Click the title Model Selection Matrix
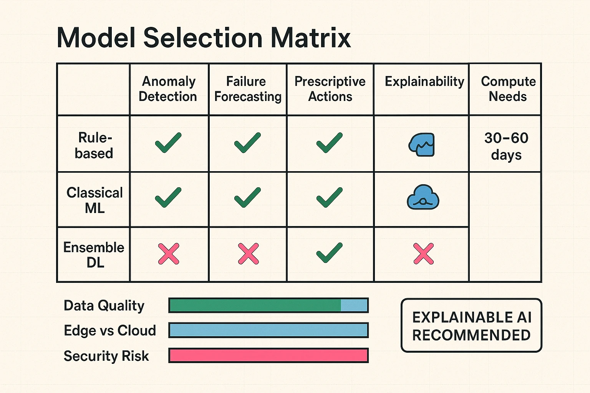pos(204,38)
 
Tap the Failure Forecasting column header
pos(247,89)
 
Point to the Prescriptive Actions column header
pos(330,89)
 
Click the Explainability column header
pos(424,82)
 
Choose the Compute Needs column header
pos(508,89)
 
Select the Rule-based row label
pos(94,145)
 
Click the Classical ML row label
pos(94,200)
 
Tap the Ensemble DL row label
pos(94,255)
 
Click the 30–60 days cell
pos(506,146)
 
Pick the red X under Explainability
pos(423,254)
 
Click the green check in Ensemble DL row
pos(329,253)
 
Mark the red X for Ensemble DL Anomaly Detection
pos(169,254)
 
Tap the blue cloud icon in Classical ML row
pos(423,197)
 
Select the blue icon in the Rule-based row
pos(421,145)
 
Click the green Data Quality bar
pos(255,305)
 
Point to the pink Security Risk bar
pos(268,355)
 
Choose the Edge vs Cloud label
pos(110,330)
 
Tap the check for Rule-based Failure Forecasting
pos(247,142)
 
